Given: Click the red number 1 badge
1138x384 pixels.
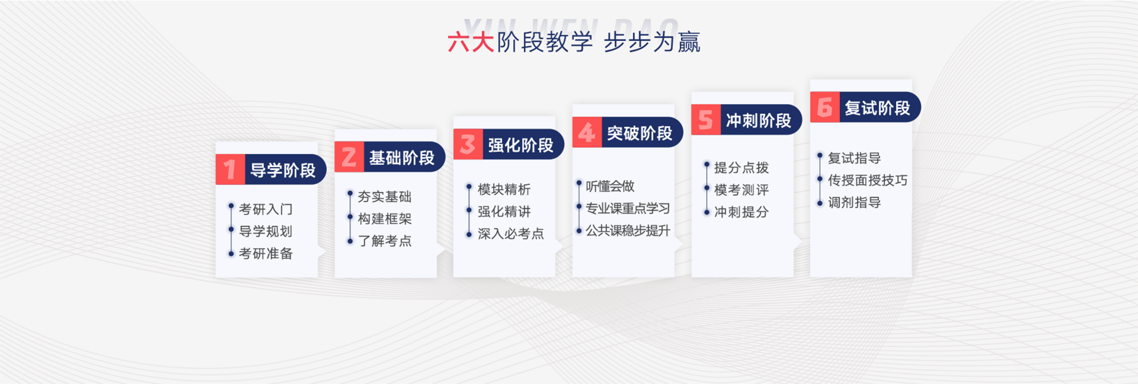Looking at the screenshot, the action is point(230,169).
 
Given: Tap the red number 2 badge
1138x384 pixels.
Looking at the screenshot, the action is point(349,157).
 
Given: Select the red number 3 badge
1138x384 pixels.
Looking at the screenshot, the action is point(468,144).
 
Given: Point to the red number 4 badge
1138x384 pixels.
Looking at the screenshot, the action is point(587,132).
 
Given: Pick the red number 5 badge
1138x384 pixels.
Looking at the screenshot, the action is point(706,120).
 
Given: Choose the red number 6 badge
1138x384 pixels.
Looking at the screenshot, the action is point(824,107).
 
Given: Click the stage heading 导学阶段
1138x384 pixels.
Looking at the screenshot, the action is point(283,170).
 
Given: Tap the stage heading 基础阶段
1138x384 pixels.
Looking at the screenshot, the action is point(402,158).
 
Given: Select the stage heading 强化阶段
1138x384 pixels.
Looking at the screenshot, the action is point(520,145).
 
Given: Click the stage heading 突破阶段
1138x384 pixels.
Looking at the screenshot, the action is point(640,133).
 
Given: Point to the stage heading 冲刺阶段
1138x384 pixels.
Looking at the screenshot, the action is point(759,120).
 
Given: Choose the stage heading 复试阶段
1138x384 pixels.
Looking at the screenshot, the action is point(877,108).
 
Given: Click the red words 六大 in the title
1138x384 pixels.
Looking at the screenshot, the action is point(471,42).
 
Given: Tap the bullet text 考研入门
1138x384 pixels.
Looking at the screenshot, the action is point(266,209).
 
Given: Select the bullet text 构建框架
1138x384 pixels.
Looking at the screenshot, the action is point(385,219).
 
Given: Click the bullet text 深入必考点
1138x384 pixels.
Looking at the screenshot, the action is point(511,233).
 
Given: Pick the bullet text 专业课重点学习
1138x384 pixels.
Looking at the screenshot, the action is point(628,209).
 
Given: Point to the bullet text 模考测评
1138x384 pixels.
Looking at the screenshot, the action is point(741,190).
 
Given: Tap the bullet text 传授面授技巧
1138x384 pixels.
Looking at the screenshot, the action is point(868,180).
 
